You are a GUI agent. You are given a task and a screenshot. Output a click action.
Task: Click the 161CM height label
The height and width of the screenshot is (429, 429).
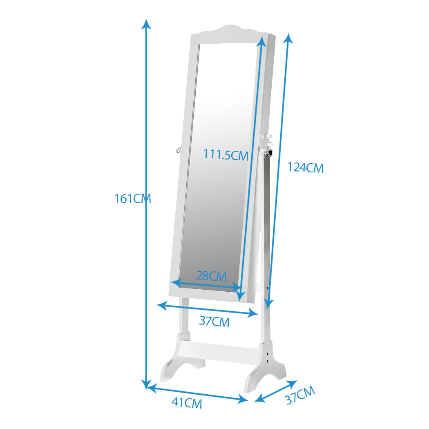pos(133,199)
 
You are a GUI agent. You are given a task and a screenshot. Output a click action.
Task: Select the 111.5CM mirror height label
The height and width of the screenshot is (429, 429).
pos(226,154)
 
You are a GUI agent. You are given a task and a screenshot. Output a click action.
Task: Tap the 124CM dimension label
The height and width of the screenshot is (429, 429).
pos(305,168)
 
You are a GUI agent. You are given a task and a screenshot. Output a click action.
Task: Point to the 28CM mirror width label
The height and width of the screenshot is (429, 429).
pos(211,276)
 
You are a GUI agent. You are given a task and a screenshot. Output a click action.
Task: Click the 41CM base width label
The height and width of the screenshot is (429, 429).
pos(187,403)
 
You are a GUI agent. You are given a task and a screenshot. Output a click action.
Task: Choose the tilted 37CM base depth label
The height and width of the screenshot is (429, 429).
pos(300,395)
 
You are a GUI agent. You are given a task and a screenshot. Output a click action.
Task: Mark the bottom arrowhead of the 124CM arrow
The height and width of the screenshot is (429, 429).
pos(269,304)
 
